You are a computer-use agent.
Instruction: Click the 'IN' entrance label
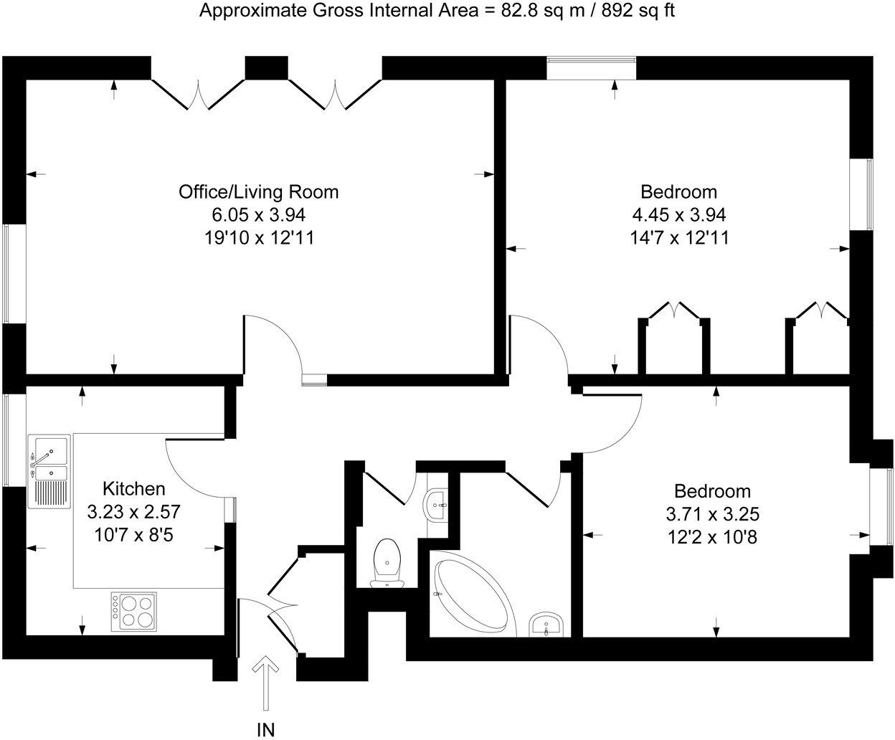pos(265,730)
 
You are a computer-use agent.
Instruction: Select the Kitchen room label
pos(134,489)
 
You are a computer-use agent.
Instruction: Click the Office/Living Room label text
pos(258,192)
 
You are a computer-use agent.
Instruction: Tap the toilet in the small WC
pos(387,561)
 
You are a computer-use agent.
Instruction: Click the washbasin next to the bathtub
pos(549,625)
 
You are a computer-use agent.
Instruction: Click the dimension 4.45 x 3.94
pos(678,214)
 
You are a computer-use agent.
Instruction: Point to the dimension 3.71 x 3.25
pos(712,514)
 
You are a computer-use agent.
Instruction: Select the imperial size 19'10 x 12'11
pos(258,237)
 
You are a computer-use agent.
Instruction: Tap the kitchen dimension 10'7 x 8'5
pos(134,535)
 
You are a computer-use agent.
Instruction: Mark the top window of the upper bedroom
pos(591,68)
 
